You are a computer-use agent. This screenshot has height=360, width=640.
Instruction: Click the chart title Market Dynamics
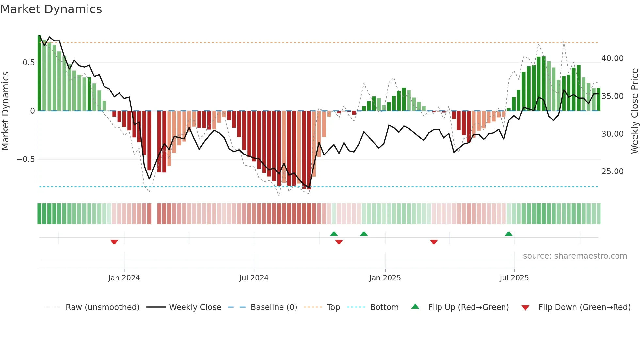[51, 9]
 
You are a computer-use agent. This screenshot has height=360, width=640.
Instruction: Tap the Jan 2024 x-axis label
[124, 278]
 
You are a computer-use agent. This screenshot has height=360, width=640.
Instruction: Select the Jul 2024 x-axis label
[254, 278]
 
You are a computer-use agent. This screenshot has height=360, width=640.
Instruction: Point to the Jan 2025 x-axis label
[385, 278]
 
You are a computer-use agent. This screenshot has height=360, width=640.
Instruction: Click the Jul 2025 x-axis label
[514, 278]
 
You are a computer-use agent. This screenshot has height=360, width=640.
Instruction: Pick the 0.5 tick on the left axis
[28, 63]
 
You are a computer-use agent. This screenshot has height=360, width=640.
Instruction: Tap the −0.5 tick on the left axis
[25, 159]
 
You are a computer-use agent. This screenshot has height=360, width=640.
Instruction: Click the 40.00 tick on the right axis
[612, 58]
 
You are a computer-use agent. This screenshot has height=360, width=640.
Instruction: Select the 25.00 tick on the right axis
[612, 172]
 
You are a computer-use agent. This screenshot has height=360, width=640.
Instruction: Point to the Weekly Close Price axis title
[634, 111]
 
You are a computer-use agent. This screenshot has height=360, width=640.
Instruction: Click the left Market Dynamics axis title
[5, 111]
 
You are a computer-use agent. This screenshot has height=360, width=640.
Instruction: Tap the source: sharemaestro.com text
[575, 256]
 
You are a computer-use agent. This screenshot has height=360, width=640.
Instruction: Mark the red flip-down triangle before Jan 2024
[114, 242]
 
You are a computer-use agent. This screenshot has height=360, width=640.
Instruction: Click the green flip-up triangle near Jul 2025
[508, 234]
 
